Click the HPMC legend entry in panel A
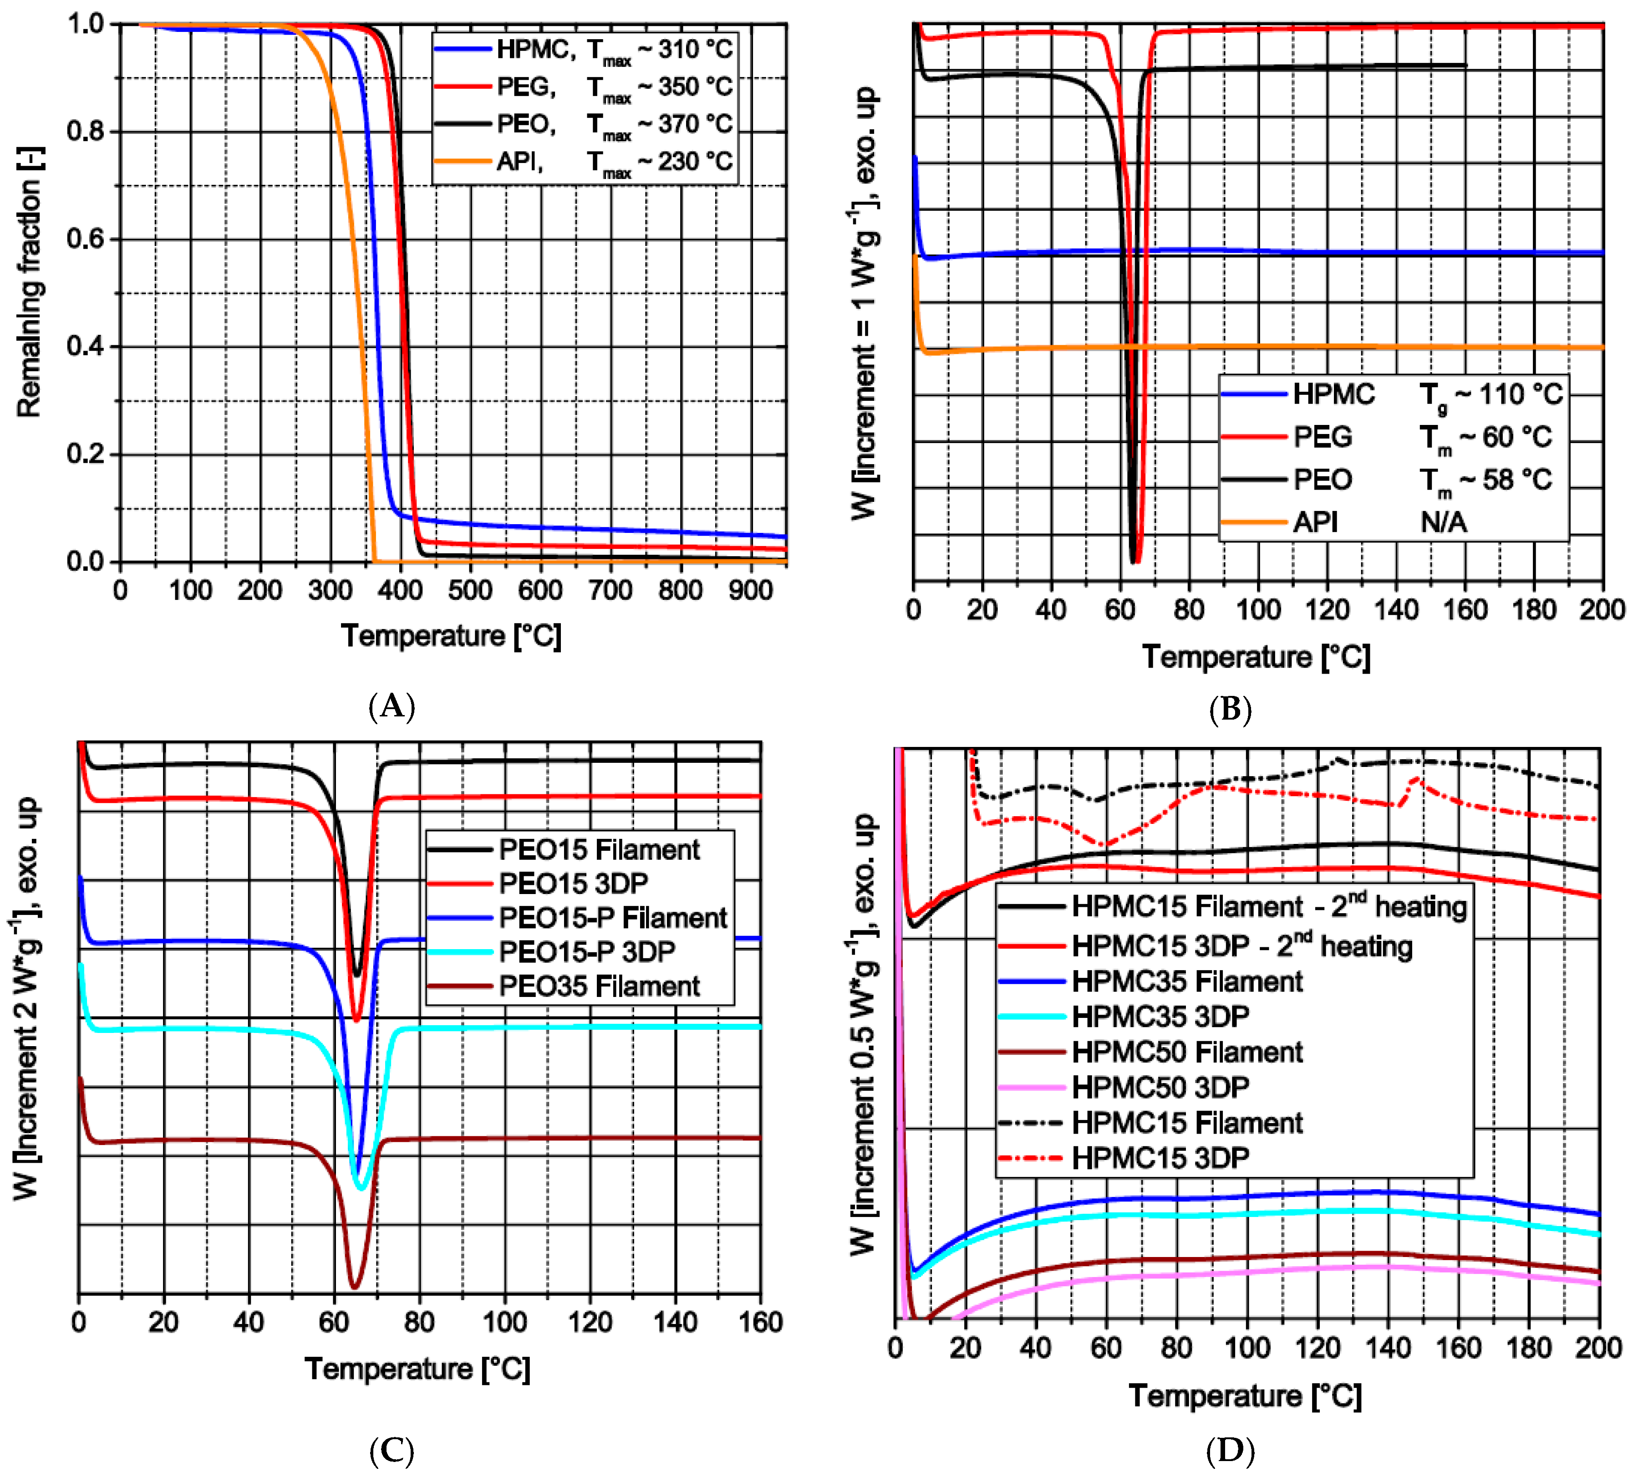click(x=534, y=50)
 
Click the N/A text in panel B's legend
click(x=1444, y=522)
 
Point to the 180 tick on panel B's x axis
click(x=1533, y=609)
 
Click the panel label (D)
click(x=1230, y=1450)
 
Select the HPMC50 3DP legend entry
click(x=1160, y=1087)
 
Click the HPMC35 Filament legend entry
click(x=1187, y=981)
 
